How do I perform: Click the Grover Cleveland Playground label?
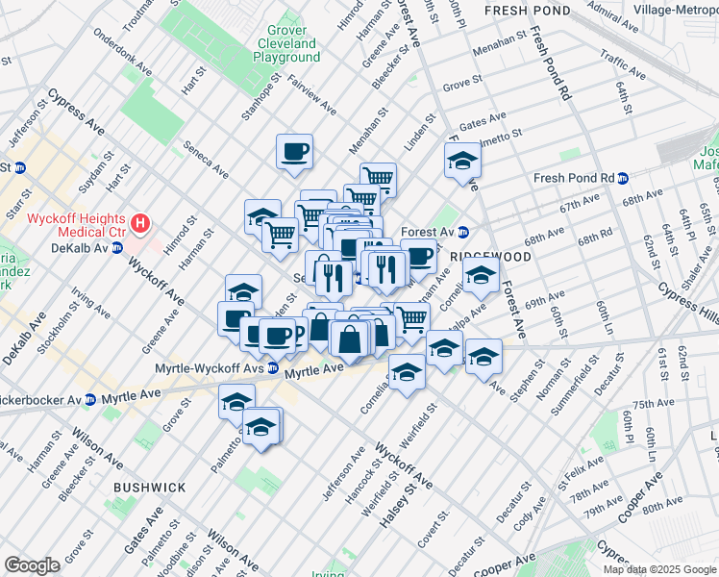point(286,43)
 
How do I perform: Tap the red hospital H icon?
point(141,224)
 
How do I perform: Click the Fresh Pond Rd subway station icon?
point(623,178)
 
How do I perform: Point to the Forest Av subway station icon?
point(462,231)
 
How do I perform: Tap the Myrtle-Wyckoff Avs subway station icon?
point(273,367)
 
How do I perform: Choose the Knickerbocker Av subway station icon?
point(89,398)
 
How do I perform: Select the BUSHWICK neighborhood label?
point(150,488)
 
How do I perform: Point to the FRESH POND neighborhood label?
point(528,11)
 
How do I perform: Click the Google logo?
point(32,565)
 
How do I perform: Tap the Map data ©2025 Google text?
point(659,569)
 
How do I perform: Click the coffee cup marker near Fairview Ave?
point(294,151)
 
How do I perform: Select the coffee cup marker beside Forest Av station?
point(418,256)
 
